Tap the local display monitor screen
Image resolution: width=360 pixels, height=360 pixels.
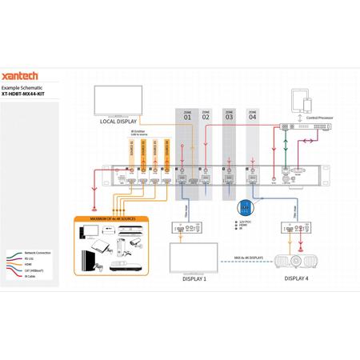(117, 101)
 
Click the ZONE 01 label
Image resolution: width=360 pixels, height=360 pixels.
(187, 116)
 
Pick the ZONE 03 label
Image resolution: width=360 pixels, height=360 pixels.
(229, 116)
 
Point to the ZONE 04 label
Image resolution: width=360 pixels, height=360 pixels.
(253, 116)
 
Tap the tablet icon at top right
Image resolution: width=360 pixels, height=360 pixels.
(300, 100)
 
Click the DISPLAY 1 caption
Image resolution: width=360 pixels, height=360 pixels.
(194, 280)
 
